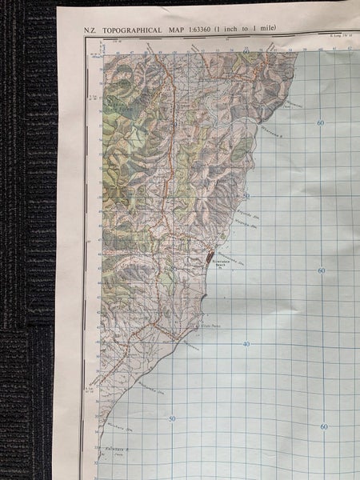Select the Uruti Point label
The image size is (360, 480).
coord(210,326)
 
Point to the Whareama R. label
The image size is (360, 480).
coord(272,127)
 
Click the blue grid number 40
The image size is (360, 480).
coord(246,344)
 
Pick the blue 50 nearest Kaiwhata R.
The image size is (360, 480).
coord(171,418)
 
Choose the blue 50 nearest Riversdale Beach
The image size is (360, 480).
coord(246,196)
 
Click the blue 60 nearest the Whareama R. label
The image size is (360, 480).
coord(320,122)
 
